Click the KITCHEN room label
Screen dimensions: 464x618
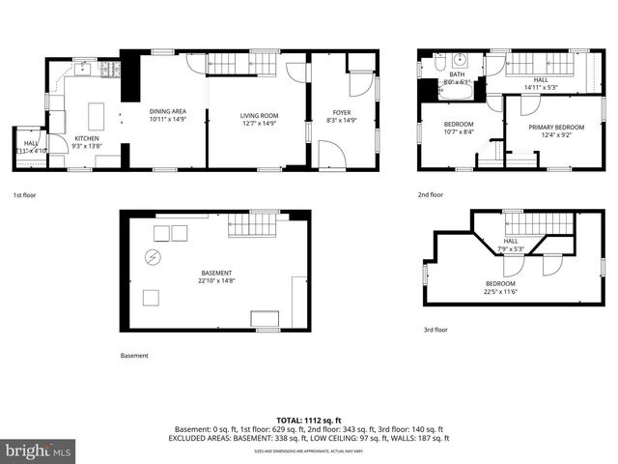(x=87, y=138)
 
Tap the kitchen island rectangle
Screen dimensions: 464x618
(x=97, y=116)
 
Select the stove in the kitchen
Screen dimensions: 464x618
(x=109, y=69)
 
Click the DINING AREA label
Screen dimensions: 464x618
(x=167, y=111)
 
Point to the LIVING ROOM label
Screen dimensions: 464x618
(x=259, y=116)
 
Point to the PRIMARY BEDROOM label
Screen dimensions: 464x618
(x=555, y=127)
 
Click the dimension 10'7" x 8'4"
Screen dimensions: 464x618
(x=459, y=132)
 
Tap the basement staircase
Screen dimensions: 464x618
(x=252, y=225)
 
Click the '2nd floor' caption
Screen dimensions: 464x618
(x=431, y=193)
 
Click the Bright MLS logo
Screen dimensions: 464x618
(x=39, y=451)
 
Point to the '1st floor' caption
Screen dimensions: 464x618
(x=25, y=193)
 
